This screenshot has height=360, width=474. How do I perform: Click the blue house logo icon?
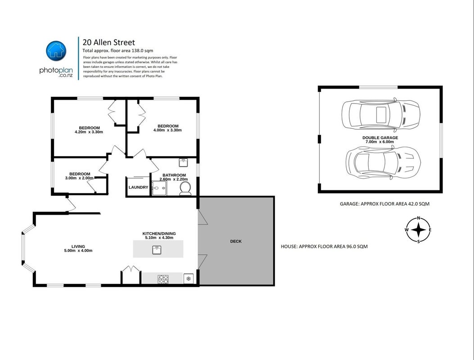pos(56,51)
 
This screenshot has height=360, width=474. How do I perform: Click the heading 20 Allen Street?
pos(109,42)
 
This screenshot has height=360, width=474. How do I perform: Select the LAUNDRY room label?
pos(139,187)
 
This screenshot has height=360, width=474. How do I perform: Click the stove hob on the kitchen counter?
pos(163,279)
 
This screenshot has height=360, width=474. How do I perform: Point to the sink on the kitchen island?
pos(157,250)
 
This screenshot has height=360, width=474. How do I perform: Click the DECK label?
pos(236,241)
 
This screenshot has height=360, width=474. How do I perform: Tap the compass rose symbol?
pos(418,230)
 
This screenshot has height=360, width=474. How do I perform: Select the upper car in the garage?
pos(381,115)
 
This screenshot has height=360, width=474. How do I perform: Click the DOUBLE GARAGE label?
pos(380,138)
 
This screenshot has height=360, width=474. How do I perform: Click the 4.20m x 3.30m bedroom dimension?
pos(89,132)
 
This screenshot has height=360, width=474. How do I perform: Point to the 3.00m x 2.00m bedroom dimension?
pos(79,178)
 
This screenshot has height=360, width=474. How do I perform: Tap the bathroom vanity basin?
pos(183,162)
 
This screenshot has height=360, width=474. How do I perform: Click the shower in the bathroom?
pos(159,188)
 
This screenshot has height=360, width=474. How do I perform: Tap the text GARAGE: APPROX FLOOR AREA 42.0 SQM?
pos(384,204)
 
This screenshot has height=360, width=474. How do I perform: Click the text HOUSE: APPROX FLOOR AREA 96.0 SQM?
pos(325,246)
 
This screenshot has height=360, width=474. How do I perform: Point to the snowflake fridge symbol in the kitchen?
pos(188,279)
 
